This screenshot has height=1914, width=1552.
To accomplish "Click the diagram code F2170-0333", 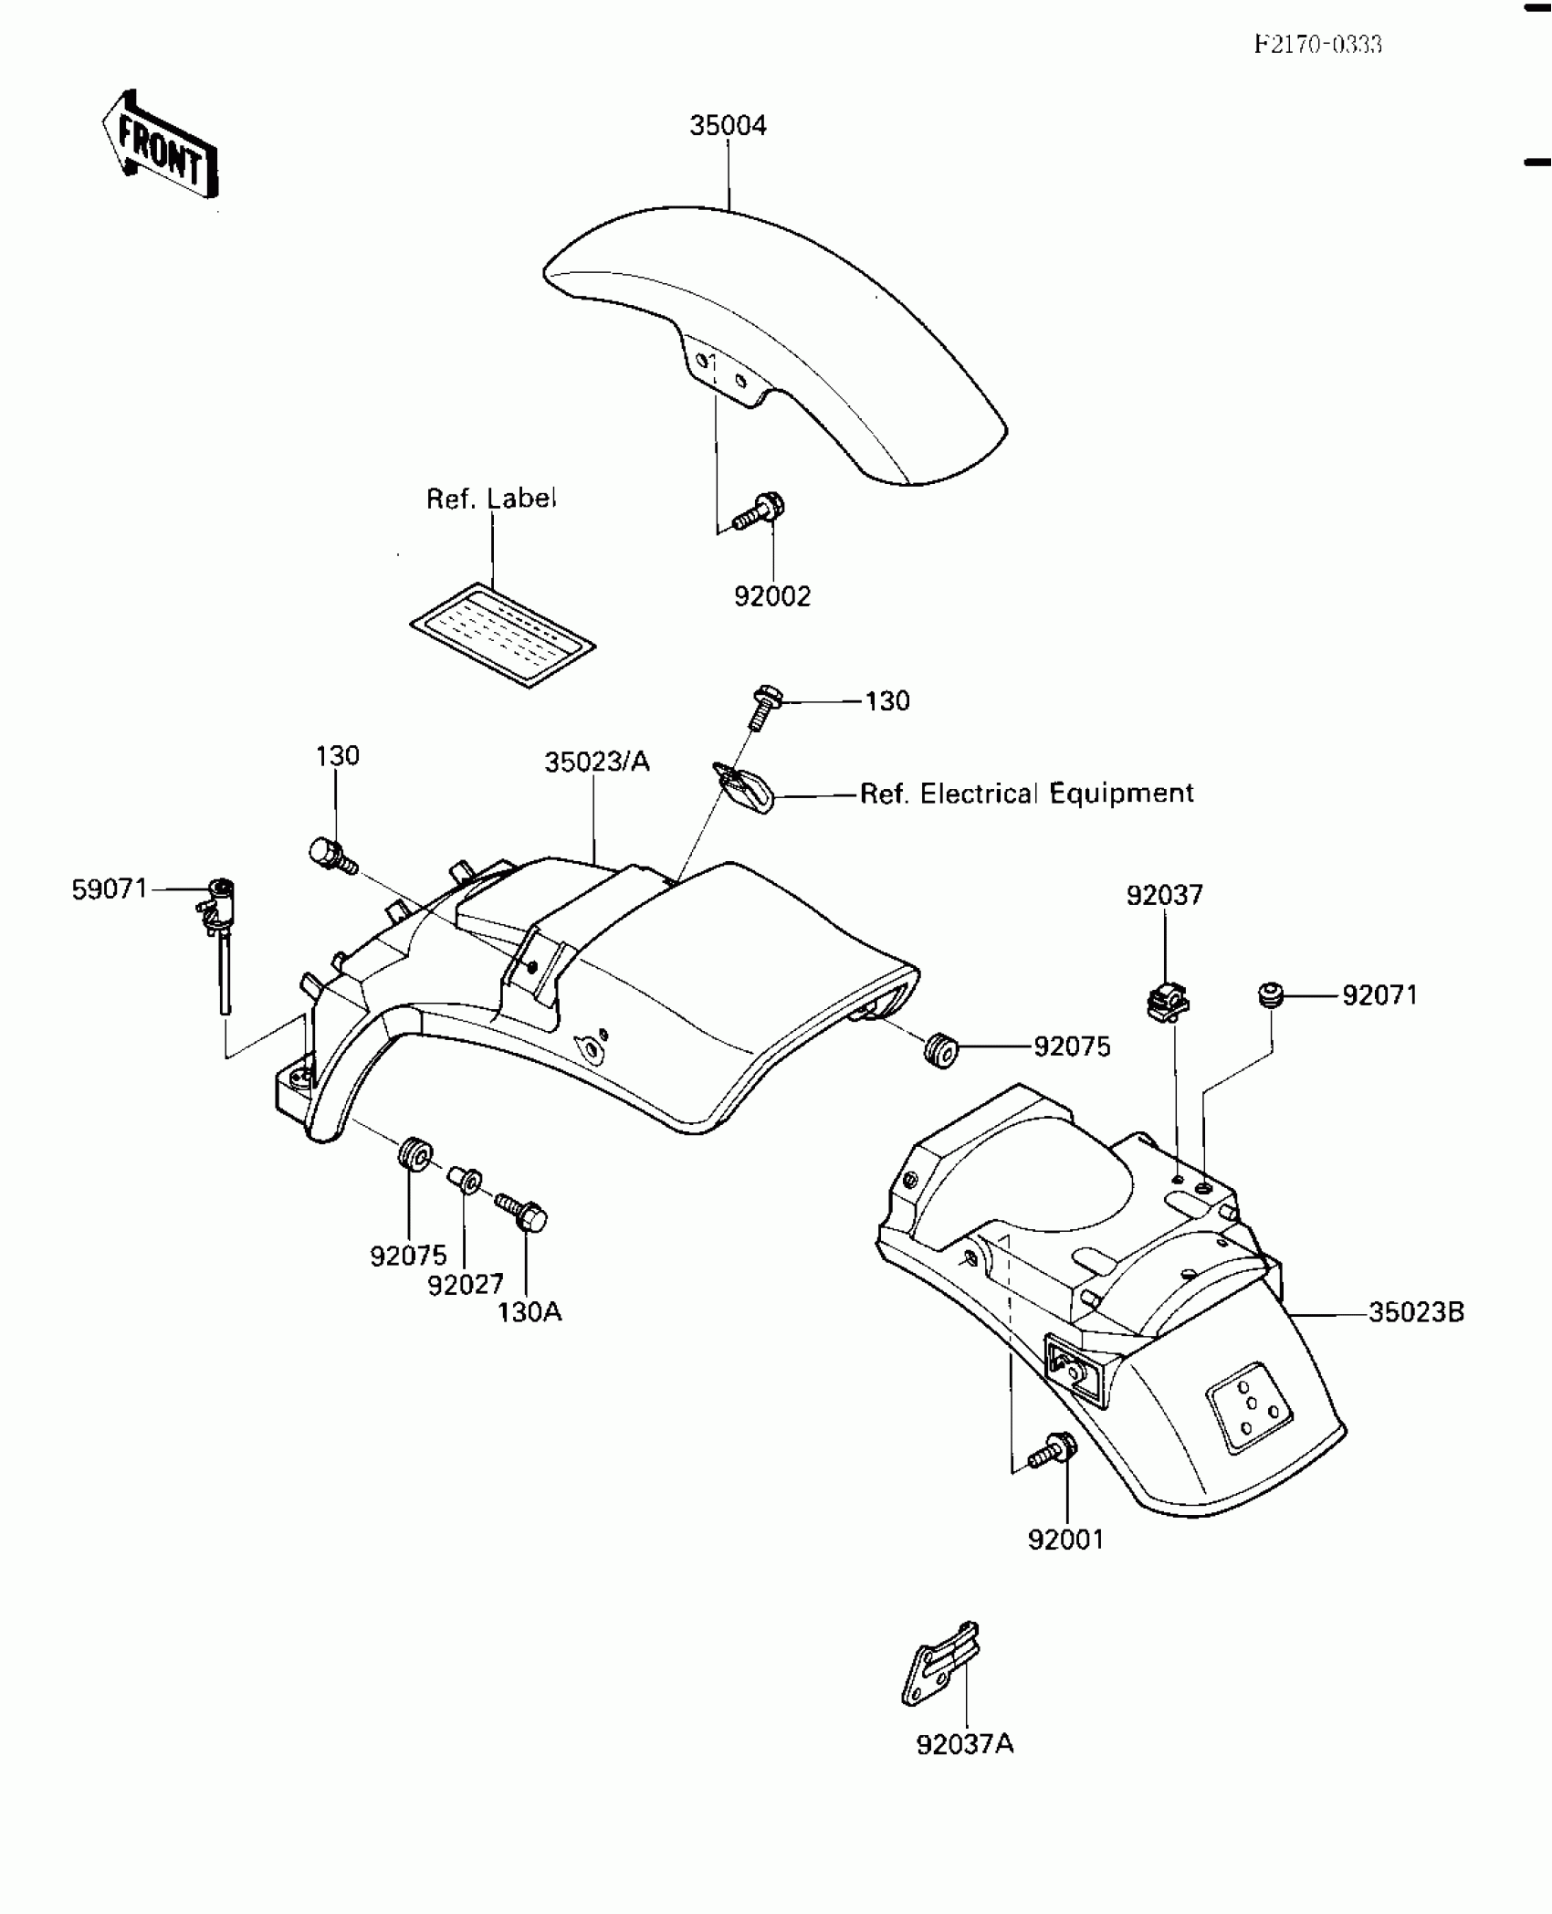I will coord(1317,45).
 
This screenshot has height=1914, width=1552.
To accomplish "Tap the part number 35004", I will coord(728,126).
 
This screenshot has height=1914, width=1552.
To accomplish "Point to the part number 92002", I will coord(772,596).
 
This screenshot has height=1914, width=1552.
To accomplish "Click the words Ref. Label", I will coord(491,499).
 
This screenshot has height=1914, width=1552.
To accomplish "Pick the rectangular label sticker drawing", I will coord(502,634).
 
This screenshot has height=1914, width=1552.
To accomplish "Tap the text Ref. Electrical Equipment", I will coord(1026,794).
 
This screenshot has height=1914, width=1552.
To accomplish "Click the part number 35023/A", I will coord(597,762).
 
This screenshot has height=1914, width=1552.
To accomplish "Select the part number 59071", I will coord(110,889).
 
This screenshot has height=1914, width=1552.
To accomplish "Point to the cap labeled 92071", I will coord(1270,994).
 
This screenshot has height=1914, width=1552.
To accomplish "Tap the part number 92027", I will coord(466,1285).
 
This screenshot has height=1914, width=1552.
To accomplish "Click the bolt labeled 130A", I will coord(521,1212).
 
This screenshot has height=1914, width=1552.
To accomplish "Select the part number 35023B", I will coord(1416,1312).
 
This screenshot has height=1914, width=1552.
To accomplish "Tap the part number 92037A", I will coord(965,1745).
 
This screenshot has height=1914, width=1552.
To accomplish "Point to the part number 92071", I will coord(1379,995).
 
